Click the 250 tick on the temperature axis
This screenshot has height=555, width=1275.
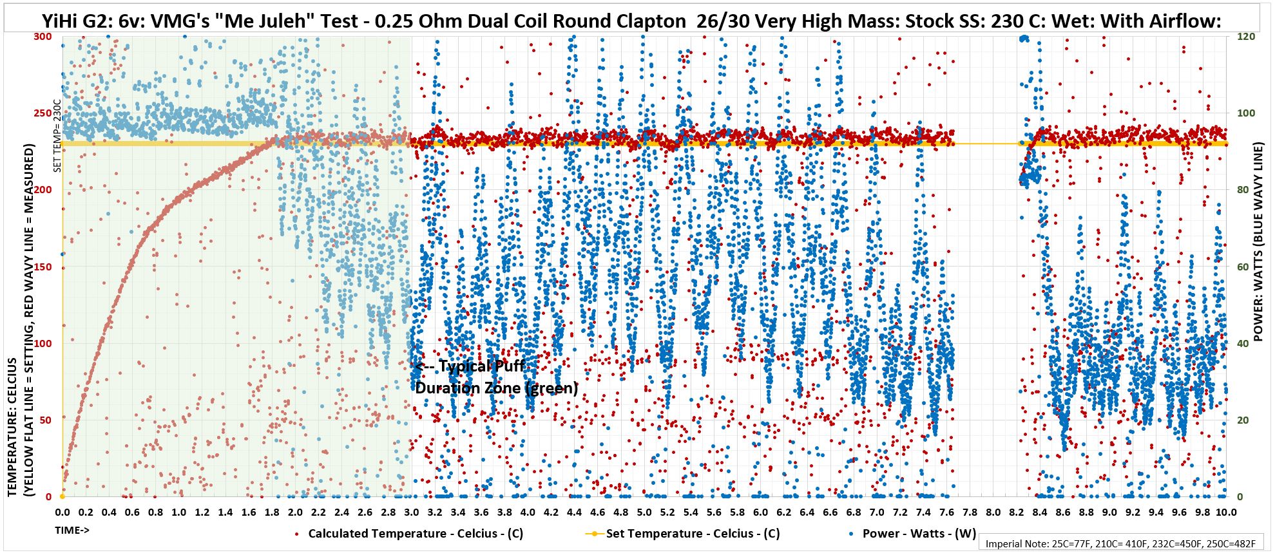coord(43,113)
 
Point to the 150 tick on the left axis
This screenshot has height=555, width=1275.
coord(43,267)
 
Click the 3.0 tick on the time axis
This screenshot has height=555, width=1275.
coord(412,513)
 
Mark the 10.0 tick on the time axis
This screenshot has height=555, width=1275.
coord(1225,513)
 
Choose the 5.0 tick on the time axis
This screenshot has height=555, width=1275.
coord(644,513)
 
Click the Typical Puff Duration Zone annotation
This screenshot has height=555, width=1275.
coord(496,377)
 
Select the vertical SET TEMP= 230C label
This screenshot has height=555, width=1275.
coord(57,136)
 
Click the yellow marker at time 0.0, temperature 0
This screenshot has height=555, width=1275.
coord(62,496)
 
